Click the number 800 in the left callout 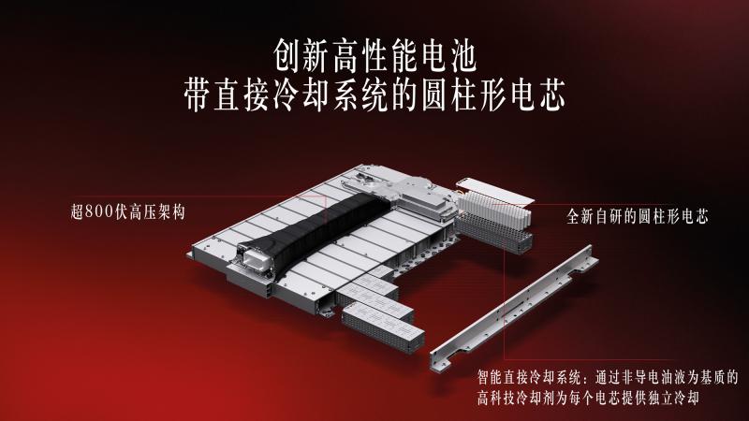click(x=99, y=211)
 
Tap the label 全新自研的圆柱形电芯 click(x=638, y=217)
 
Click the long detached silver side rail click(x=513, y=309)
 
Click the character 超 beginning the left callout click(x=78, y=211)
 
